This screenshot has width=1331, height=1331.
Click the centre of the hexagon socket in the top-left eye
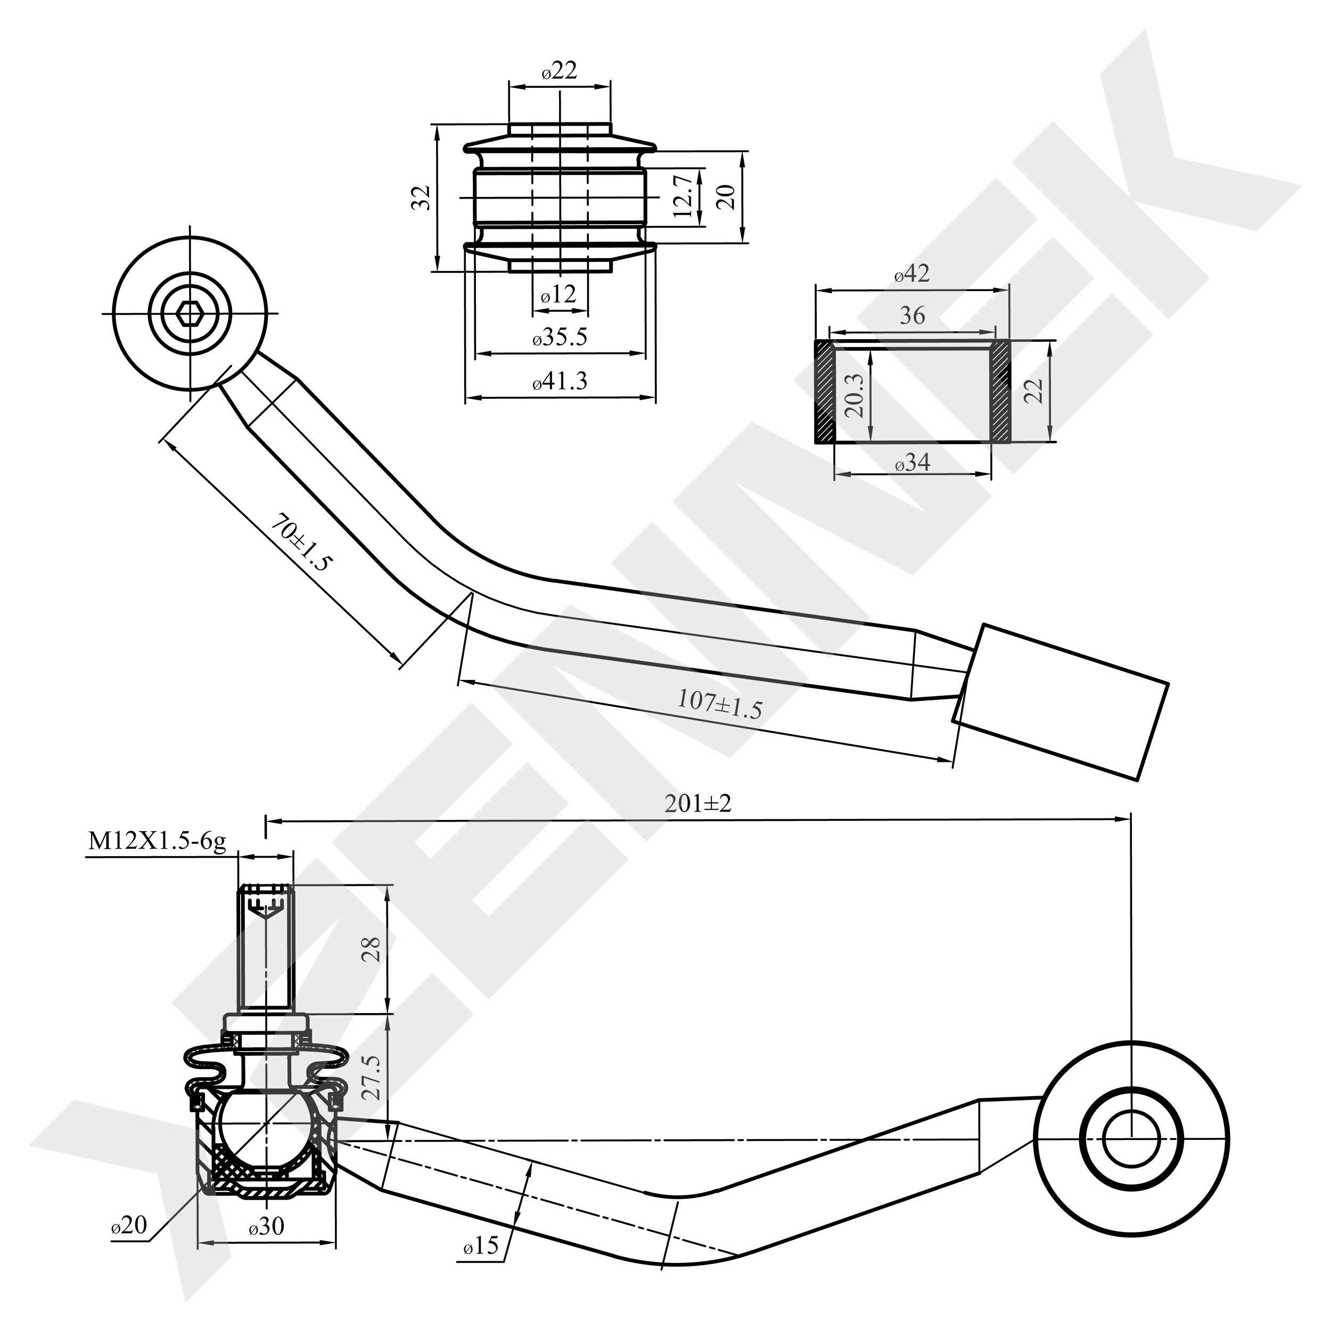tap(189, 314)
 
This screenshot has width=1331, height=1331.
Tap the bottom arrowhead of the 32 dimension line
tap(437, 262)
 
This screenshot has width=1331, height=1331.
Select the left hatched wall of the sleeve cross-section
tap(825, 391)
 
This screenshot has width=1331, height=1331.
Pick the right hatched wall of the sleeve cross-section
tap(1000, 391)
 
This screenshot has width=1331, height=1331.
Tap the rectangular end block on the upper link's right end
tap(1061, 701)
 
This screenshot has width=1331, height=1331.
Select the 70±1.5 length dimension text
tap(301, 544)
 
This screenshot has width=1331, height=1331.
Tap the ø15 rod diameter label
tap(481, 1264)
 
